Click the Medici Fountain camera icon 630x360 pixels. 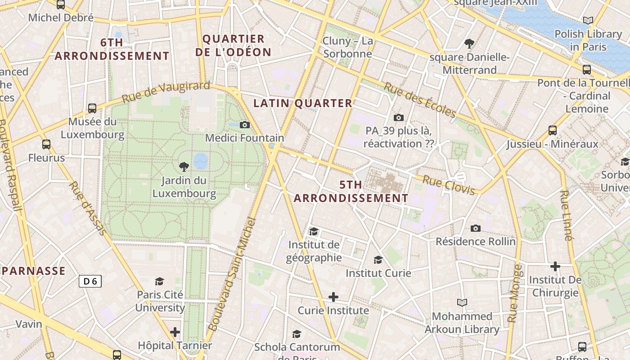(x=244, y=125)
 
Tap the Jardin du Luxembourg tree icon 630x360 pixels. (x=184, y=167)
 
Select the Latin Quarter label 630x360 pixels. (x=302, y=103)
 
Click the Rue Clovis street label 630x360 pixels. (x=449, y=185)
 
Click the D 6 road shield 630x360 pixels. (x=90, y=282)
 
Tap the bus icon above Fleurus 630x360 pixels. (x=46, y=144)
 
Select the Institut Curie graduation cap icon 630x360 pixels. (x=378, y=260)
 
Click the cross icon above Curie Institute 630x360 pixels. (x=333, y=297)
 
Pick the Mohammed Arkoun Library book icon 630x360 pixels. (x=462, y=302)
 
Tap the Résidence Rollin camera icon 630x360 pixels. (x=476, y=228)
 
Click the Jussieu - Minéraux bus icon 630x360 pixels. (x=553, y=130)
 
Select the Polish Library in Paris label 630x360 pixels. (x=588, y=40)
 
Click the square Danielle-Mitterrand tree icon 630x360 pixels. (x=469, y=44)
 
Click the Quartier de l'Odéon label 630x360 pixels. (x=233, y=45)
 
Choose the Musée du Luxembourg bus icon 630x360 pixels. (x=92, y=108)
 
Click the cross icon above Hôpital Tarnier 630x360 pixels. (x=175, y=332)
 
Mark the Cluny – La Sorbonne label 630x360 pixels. (x=347, y=47)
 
